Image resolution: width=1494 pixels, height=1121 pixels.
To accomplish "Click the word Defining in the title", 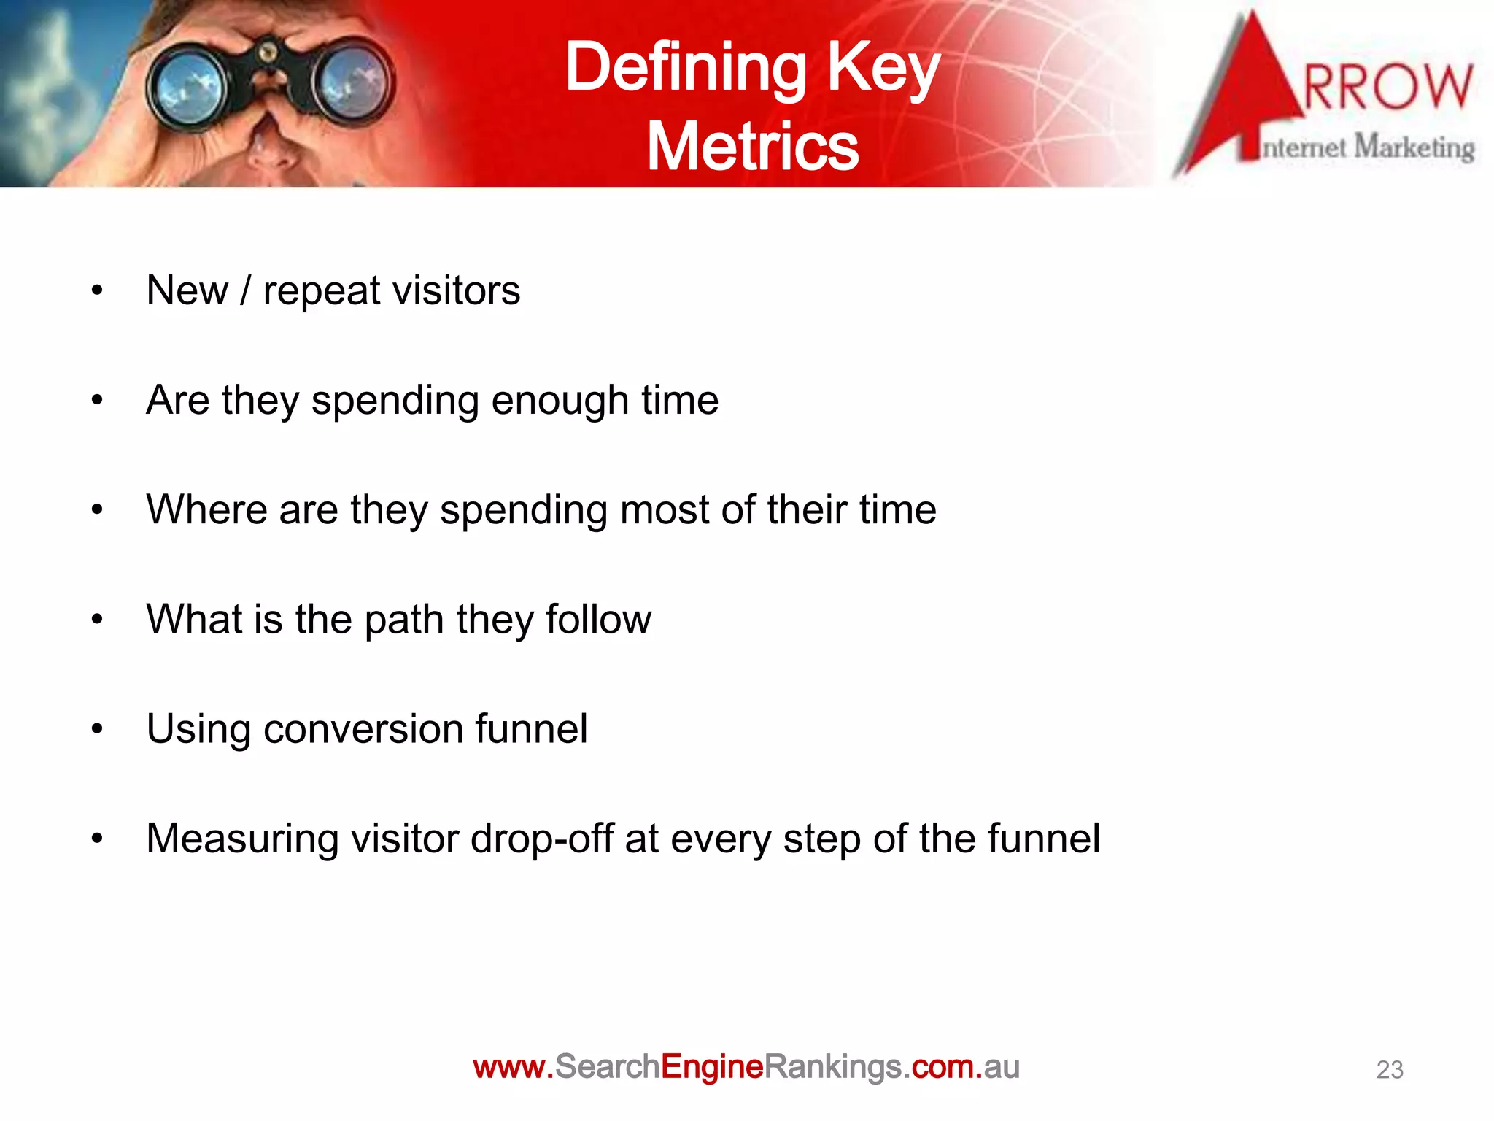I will tap(685, 68).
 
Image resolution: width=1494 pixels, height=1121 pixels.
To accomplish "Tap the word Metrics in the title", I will tap(753, 147).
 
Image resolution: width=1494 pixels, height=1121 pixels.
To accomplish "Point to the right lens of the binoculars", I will tap(353, 86).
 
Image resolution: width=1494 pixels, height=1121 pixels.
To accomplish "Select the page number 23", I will tap(1389, 1070).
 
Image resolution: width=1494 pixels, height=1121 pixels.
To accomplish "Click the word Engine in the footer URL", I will tap(711, 1067).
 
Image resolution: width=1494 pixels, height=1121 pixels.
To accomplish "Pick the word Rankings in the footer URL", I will tap(832, 1067).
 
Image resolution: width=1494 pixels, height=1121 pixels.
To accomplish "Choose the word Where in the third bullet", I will tap(206, 509).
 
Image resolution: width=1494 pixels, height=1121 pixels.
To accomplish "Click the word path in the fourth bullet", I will tap(403, 620).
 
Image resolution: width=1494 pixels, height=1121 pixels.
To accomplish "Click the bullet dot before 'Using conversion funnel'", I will tap(98, 729).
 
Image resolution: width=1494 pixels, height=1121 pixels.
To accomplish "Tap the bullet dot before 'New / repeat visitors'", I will tap(98, 291).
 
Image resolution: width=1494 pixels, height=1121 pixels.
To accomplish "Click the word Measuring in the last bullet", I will tap(242, 839).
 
